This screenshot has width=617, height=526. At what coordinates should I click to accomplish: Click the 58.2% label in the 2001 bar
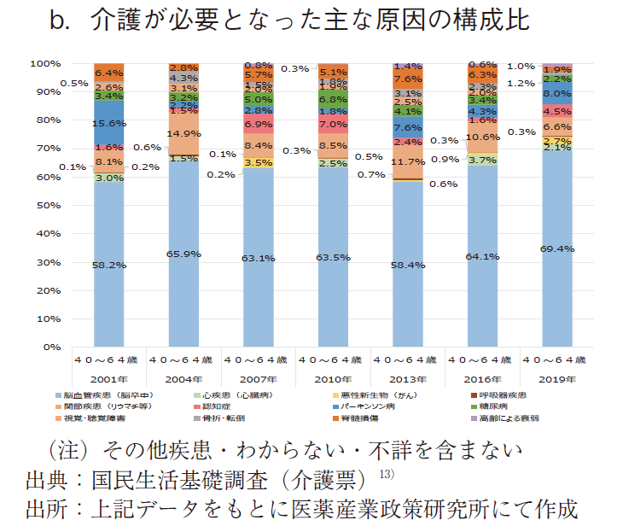[x=109, y=266]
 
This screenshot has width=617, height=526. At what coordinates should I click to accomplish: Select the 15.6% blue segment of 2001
[x=109, y=124]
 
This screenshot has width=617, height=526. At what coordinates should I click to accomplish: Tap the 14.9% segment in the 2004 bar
[x=183, y=133]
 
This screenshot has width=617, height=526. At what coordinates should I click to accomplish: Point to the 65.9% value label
[x=183, y=254]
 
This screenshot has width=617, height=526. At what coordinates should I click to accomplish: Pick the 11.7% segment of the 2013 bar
[x=407, y=161]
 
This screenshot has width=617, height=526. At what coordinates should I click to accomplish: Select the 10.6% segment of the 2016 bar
[x=482, y=137]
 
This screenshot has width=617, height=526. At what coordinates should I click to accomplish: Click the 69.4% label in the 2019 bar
[x=556, y=248]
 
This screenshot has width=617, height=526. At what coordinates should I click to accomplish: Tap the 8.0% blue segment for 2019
[x=556, y=94]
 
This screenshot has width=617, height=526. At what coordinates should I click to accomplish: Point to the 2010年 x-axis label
[x=333, y=377]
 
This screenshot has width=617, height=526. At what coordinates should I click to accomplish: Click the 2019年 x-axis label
[x=556, y=377]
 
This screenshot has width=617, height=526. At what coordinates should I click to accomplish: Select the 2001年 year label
[x=109, y=377]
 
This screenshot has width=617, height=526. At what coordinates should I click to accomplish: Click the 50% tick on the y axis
[x=46, y=206]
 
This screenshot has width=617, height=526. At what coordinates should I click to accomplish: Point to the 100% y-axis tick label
[x=44, y=64]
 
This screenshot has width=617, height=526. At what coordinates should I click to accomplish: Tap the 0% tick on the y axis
[x=49, y=348]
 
